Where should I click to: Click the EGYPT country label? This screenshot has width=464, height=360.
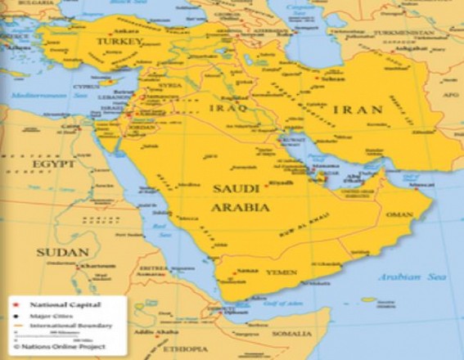(x=55, y=164)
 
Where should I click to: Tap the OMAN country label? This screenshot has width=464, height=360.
(x=399, y=215)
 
